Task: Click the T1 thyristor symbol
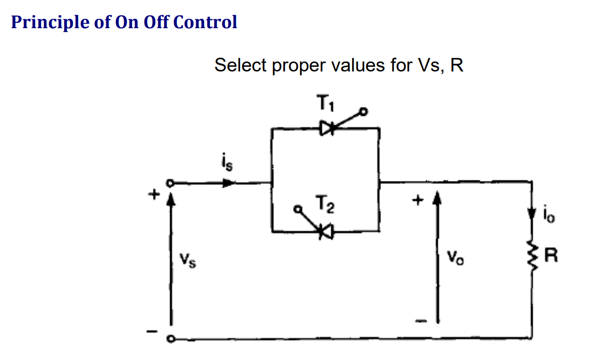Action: point(327,128)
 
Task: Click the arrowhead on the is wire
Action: point(228,183)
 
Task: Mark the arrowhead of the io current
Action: point(532,214)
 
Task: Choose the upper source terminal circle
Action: point(169,183)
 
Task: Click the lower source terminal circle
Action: point(169,339)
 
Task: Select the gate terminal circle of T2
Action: point(298,210)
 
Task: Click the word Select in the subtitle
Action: point(240,65)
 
